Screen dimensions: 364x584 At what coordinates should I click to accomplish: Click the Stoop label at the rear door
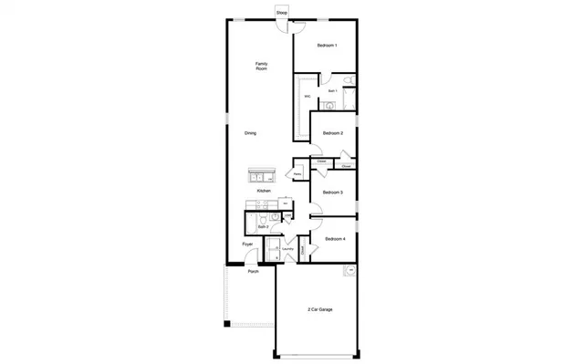(281, 14)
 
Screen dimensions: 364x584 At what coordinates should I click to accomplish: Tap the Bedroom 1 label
(327, 46)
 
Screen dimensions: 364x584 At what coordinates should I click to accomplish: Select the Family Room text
(261, 66)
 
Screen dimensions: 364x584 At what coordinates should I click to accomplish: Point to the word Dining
(250, 133)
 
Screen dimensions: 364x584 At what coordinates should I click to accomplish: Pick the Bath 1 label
(333, 91)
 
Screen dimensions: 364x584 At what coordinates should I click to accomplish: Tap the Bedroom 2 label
(334, 133)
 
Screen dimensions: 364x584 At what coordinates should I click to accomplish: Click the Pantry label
(298, 172)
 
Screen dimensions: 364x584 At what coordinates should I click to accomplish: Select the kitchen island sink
(257, 175)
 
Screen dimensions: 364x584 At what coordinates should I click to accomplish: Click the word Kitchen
(264, 191)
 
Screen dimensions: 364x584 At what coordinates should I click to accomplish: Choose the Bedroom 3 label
(334, 192)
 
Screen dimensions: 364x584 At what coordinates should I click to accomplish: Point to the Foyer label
(247, 244)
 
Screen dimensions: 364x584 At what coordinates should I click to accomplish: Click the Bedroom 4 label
(334, 238)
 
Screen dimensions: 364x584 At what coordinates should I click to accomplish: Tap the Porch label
(253, 271)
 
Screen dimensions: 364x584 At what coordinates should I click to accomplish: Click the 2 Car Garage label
(318, 310)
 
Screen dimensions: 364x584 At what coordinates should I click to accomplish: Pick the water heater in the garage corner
(349, 271)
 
